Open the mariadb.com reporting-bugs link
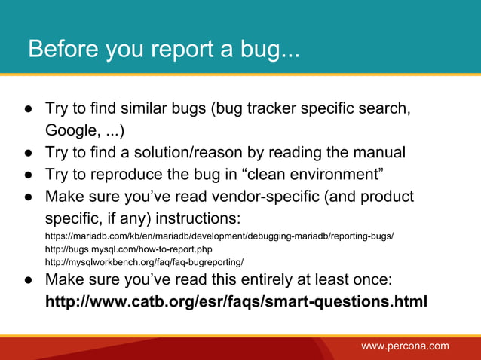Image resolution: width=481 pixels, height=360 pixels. pos(219,236)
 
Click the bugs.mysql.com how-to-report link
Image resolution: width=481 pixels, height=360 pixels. pos(129,249)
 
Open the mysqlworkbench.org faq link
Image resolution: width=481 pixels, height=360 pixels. pos(144,262)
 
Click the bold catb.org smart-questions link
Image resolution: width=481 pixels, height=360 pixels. pos(236,302)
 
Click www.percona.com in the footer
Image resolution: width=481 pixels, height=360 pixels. pos(405,346)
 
